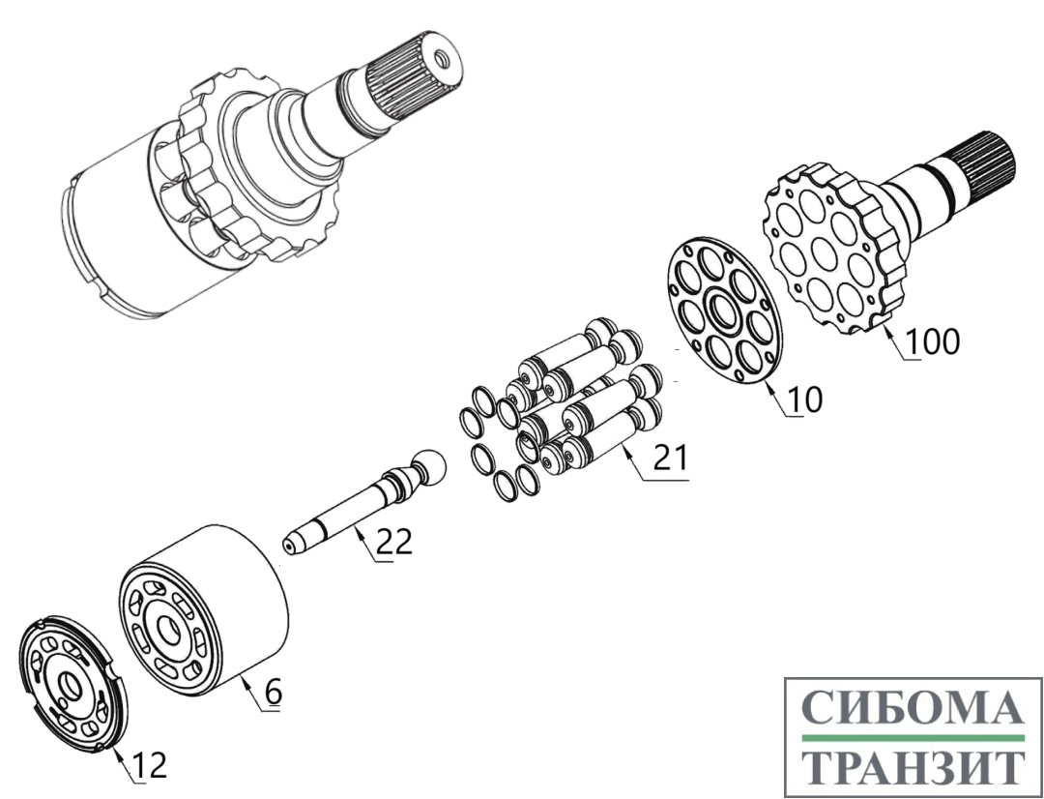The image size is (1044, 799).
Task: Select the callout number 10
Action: (x=805, y=399)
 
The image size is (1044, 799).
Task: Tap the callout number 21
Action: (x=671, y=459)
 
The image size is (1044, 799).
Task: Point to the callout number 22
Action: (x=394, y=542)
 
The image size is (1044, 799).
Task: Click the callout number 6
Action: (x=274, y=692)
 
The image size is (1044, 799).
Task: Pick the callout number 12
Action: (x=149, y=766)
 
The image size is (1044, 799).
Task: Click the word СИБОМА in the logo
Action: (x=913, y=707)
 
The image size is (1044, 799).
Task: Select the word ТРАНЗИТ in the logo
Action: (x=913, y=766)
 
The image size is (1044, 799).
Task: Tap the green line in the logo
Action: (x=913, y=738)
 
